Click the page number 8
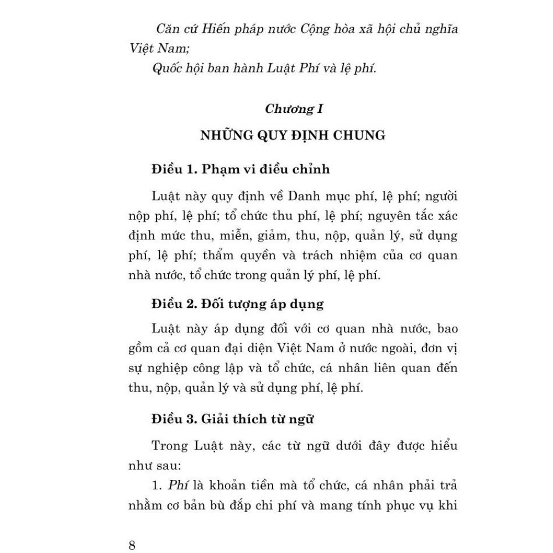coord(132,545)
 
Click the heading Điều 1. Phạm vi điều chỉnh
coord(241,169)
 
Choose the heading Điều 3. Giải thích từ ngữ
coord(233,419)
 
